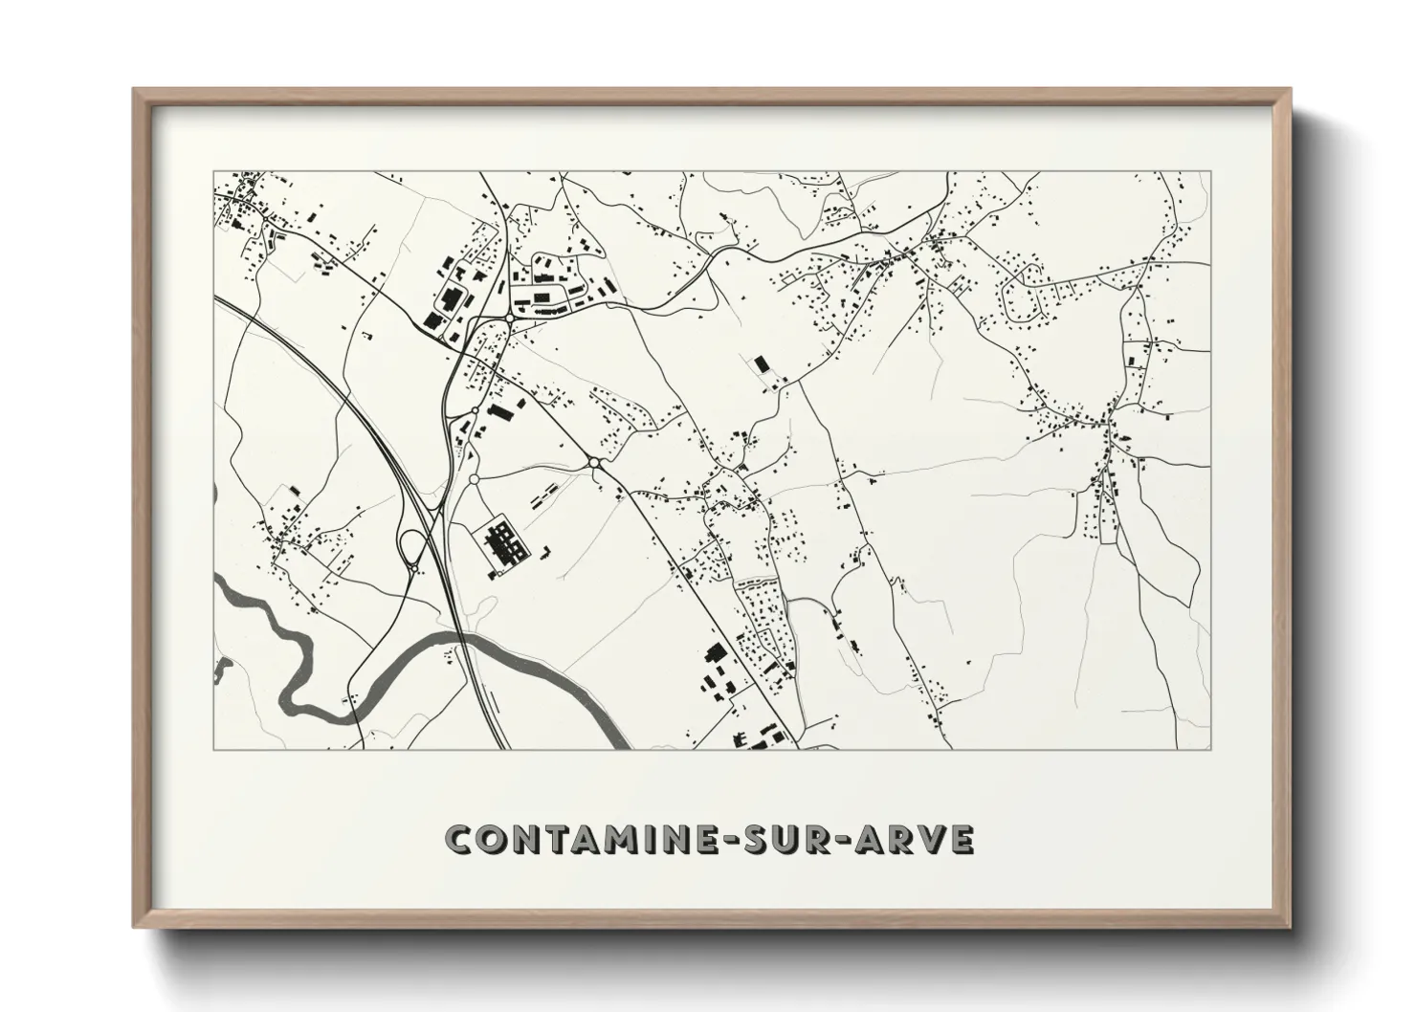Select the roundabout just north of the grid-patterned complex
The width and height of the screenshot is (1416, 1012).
coord(473,479)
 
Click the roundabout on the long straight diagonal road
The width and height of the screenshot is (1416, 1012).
coord(594,463)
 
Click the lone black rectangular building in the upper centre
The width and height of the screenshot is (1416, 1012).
coord(762,363)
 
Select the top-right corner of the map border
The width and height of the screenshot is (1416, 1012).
coord(1210,172)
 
